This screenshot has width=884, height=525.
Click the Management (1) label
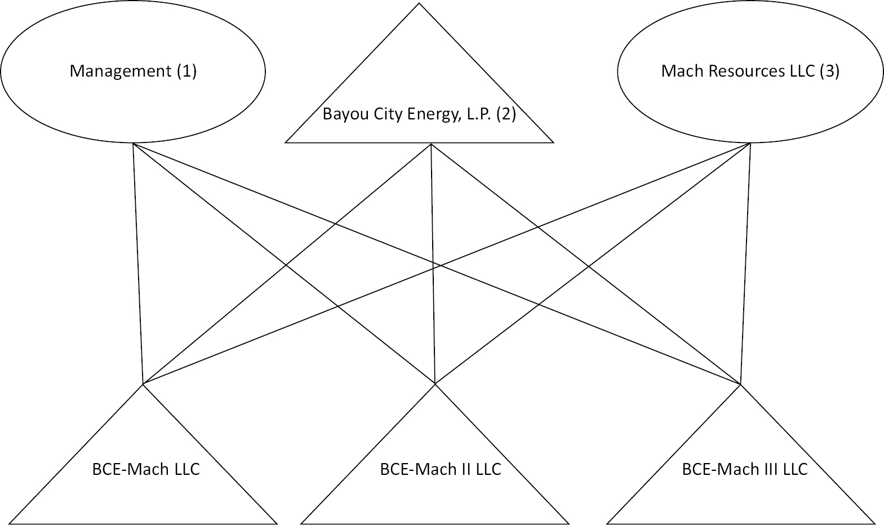(133, 72)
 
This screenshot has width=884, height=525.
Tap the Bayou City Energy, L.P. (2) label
(419, 114)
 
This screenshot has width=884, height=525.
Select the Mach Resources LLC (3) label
(750, 72)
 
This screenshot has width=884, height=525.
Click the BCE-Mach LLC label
(146, 469)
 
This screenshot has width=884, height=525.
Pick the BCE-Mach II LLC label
(441, 469)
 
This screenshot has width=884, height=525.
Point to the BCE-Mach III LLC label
(744, 469)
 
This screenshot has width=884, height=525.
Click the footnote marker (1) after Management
(186, 72)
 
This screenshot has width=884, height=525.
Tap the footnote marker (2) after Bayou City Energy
(506, 114)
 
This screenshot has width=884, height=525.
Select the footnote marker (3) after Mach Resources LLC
(829, 72)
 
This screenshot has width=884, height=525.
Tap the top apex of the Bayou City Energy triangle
(419, 5)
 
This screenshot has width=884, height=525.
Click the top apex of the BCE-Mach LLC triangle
(143, 385)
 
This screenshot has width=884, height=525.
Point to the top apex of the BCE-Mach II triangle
(435, 385)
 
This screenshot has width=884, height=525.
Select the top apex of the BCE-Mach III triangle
(741, 385)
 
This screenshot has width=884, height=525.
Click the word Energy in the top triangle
(434, 115)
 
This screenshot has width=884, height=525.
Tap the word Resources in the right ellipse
(734, 72)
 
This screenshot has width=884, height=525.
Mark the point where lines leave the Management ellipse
(133, 144)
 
